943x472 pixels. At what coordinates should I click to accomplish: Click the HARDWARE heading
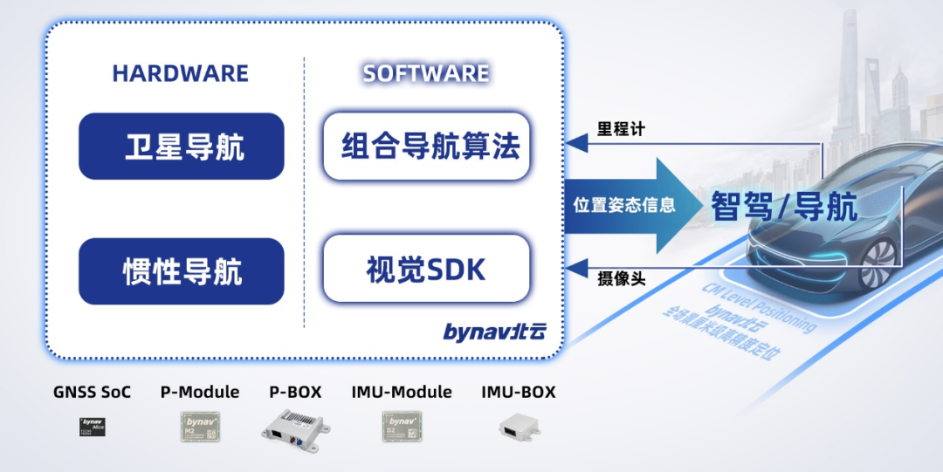[x=180, y=73]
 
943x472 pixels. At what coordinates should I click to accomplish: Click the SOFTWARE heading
[x=426, y=73]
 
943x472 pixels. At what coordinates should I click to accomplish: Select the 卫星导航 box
[x=182, y=147]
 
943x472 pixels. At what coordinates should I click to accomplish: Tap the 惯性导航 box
[x=182, y=271]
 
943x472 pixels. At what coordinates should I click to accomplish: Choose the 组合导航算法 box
[x=427, y=146]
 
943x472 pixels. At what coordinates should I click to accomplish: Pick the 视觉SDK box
[x=427, y=269]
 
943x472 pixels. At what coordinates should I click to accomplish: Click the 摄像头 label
[x=622, y=278]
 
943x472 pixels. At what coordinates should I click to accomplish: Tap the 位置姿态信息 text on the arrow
[x=624, y=206]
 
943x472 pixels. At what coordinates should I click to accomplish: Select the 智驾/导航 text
[x=783, y=206]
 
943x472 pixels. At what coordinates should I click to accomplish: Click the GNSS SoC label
[x=92, y=392]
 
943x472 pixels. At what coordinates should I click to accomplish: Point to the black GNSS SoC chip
[x=92, y=427]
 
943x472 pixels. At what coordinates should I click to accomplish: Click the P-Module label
[x=200, y=392]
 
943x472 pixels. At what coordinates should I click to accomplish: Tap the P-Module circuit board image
[x=201, y=426]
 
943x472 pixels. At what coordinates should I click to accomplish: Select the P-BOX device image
[x=297, y=427]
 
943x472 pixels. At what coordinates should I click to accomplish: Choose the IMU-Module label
[x=402, y=392]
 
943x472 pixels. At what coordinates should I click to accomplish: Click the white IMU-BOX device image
[x=518, y=427]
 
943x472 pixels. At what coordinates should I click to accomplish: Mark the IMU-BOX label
[x=518, y=392]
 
